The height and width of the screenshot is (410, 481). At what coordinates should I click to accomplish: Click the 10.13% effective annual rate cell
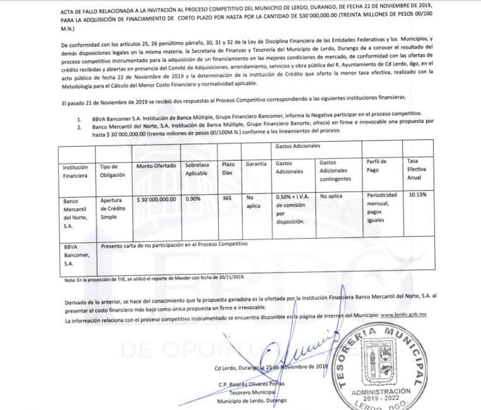coord(418,195)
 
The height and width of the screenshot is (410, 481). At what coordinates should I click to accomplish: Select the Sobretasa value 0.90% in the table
coord(193,198)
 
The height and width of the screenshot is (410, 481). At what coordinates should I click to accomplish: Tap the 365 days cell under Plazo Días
coord(227,198)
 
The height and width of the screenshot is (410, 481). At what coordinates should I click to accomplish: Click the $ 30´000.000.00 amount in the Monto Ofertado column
coord(156,199)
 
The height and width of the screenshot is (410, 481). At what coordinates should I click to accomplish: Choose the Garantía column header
coord(256,164)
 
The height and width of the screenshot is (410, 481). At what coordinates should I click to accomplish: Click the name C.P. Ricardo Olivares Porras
coord(251,385)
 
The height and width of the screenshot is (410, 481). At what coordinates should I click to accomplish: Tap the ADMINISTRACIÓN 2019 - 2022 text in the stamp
coord(380,394)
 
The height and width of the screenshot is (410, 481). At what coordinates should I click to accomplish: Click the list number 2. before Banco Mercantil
coord(79,127)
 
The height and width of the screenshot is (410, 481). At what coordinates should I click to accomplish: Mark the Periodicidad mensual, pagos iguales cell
coord(381,207)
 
